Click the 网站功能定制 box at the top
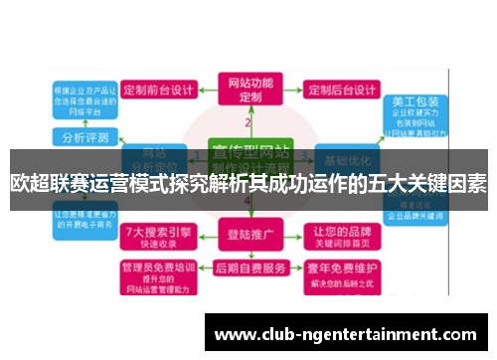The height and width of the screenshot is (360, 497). [249, 90]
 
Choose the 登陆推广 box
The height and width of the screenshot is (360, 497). [248, 237]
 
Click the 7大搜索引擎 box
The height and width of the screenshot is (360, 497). [155, 237]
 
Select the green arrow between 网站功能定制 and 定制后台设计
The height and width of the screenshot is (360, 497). [290, 89]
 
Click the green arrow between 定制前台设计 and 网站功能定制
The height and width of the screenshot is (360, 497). [208, 89]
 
